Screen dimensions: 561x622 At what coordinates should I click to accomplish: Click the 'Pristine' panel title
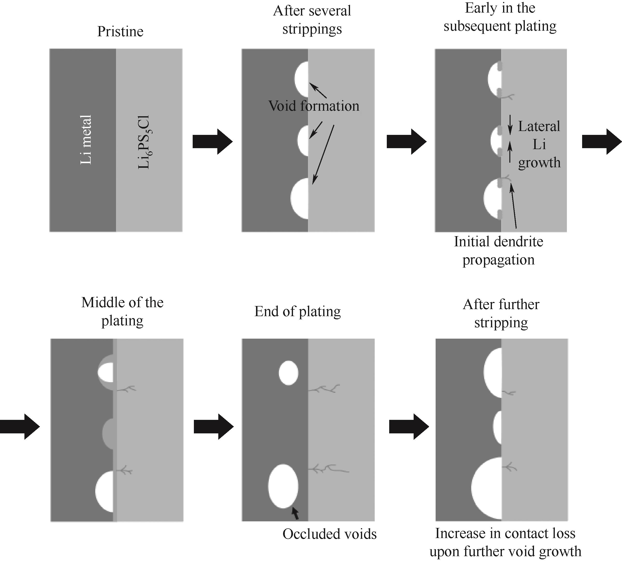tap(120, 31)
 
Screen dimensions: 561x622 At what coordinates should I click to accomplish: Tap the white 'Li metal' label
tap(86, 140)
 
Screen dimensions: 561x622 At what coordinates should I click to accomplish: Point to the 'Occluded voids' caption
tap(329, 534)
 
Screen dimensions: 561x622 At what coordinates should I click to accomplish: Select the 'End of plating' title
tap(297, 311)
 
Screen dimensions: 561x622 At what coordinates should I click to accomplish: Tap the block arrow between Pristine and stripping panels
tap(212, 141)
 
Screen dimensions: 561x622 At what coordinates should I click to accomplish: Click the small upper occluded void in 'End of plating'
tap(288, 373)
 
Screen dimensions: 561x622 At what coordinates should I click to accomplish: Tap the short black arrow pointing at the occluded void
tap(295, 513)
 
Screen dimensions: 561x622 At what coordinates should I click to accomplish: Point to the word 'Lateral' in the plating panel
tap(539, 126)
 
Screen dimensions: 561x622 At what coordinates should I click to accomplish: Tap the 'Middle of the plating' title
tap(122, 311)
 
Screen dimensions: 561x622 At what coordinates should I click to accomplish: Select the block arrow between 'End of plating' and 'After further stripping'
tap(409, 427)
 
